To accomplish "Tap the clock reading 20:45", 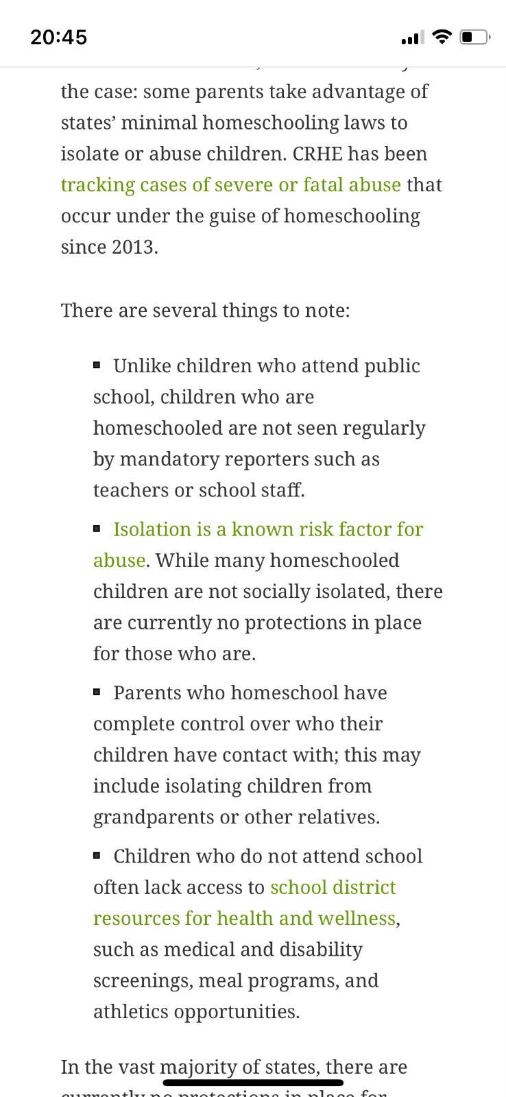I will pyautogui.click(x=58, y=37).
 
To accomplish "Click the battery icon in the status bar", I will pyautogui.click(x=474, y=37).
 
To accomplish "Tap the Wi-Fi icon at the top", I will pyautogui.click(x=443, y=36).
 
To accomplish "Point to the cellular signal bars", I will pyautogui.click(x=413, y=38).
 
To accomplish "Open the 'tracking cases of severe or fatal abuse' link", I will pyautogui.click(x=230, y=185).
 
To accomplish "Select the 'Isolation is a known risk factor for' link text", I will pyautogui.click(x=268, y=529).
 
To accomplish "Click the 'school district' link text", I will pyautogui.click(x=333, y=887).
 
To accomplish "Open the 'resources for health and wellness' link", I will pyautogui.click(x=244, y=918).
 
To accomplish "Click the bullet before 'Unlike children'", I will pyautogui.click(x=97, y=365).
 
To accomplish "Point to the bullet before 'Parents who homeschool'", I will pyautogui.click(x=97, y=692).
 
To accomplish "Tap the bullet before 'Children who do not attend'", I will pyautogui.click(x=97, y=855).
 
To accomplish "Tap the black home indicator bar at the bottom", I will pyautogui.click(x=253, y=1083).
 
